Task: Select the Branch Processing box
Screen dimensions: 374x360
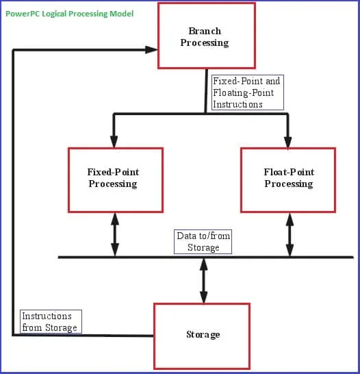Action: coord(206,36)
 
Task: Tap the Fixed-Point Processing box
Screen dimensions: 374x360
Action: coord(115,179)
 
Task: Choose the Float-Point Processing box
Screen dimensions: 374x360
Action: coord(288,179)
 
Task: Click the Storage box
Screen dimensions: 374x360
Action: coord(202,336)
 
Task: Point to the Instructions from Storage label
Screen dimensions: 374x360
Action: coord(50,322)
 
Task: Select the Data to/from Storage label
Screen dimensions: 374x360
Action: coord(203,241)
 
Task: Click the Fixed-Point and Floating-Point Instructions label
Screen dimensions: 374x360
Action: coord(246,92)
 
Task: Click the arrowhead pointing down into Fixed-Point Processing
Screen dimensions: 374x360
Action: coord(114,141)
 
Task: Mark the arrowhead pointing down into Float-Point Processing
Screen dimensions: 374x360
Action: coord(288,141)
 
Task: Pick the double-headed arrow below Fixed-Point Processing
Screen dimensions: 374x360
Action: coord(114,234)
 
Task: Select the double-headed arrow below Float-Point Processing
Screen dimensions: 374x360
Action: coord(289,234)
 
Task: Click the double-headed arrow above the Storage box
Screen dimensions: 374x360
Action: coord(203,280)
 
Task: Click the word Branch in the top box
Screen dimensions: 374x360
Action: coord(204,31)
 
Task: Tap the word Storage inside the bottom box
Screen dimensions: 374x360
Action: coord(203,335)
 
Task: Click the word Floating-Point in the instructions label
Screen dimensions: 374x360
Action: coord(243,92)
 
